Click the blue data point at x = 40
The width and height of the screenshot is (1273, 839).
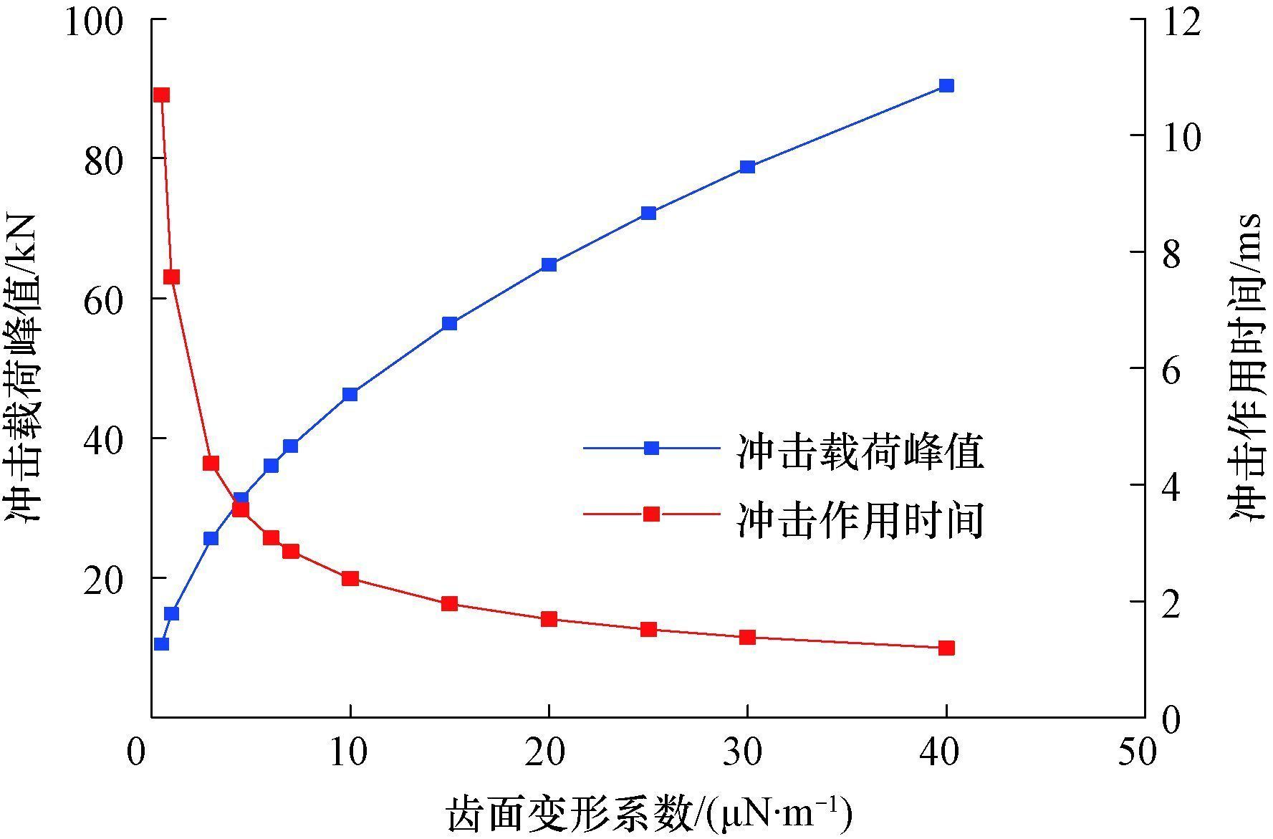point(946,86)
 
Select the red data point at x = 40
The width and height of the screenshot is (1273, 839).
point(946,648)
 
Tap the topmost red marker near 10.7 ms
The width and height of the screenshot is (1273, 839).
point(161,95)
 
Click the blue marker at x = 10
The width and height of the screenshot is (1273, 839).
point(350,394)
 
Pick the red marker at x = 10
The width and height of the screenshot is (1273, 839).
point(350,578)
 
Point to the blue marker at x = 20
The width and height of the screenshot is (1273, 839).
point(549,264)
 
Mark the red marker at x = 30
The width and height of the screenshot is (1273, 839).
point(747,637)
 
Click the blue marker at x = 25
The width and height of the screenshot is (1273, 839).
point(648,213)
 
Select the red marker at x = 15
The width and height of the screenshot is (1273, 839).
point(449,603)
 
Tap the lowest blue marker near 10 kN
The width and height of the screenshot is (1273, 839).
point(161,643)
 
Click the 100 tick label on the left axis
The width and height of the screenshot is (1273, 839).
point(94,21)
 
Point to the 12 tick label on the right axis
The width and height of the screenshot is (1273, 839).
point(1179,21)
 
